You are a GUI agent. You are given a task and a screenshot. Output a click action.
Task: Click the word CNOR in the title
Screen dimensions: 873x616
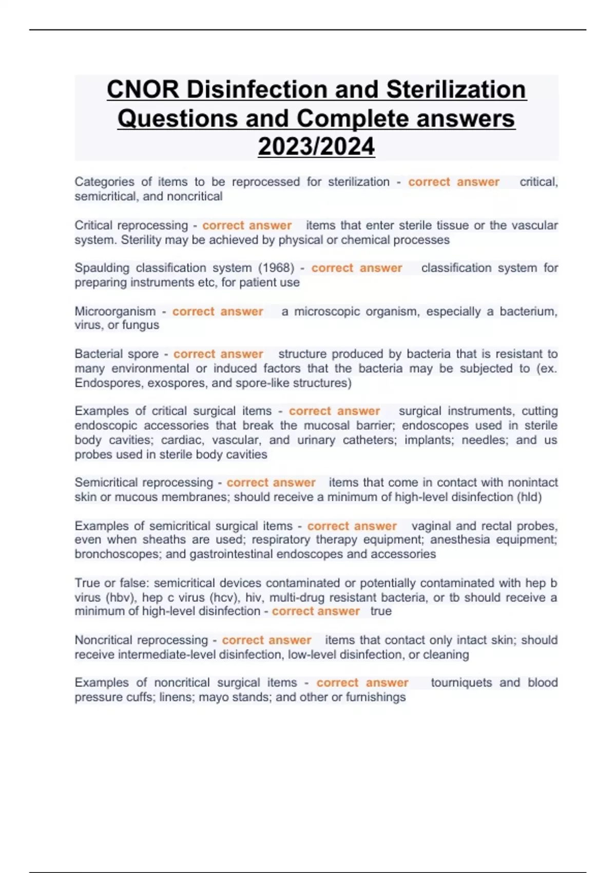143,90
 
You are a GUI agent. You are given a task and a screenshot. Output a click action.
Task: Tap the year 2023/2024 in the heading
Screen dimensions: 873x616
316,146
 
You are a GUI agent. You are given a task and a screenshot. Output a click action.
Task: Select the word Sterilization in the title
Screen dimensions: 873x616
456,90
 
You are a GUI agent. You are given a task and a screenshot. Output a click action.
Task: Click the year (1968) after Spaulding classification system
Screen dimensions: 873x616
276,268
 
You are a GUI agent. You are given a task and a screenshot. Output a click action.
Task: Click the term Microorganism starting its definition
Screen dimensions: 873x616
115,312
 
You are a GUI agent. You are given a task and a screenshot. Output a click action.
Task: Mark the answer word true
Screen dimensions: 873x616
381,612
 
